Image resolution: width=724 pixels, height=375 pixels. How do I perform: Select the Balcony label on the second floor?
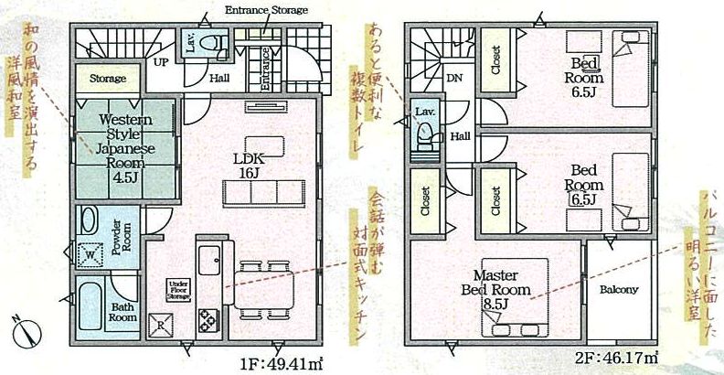click(619, 290)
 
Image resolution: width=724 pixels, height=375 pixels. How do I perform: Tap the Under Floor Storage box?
click(177, 290)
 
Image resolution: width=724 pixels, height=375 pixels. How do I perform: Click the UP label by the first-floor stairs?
click(160, 63)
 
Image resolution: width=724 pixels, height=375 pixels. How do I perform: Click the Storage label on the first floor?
click(107, 80)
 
